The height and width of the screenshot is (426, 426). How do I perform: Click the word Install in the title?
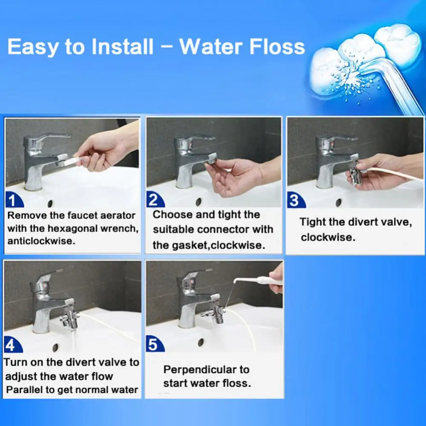point(122,46)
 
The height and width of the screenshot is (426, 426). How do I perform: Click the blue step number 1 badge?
point(14,200)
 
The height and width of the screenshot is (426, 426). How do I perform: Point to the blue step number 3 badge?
point(296,201)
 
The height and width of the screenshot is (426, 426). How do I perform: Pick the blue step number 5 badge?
point(155,344)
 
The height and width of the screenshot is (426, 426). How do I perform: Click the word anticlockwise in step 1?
point(41,241)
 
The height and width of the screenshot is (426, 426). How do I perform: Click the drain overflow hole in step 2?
point(199,201)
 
